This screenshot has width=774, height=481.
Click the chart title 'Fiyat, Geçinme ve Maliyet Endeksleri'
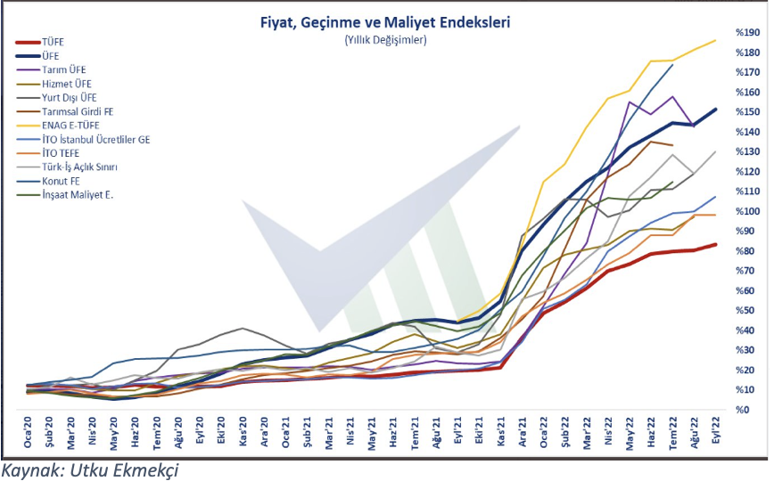point(385,21)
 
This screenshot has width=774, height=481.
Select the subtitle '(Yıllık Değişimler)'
point(385,39)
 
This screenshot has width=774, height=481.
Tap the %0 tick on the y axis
point(740,410)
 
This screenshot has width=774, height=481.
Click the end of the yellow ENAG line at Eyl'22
point(715,40)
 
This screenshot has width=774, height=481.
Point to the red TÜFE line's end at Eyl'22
point(715,245)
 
